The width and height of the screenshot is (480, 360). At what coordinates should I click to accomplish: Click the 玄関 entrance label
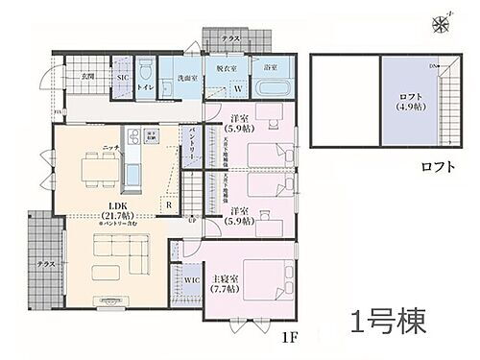point(86,75)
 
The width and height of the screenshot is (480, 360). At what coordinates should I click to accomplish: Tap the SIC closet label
point(122,76)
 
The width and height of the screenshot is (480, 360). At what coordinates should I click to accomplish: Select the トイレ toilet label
point(144,87)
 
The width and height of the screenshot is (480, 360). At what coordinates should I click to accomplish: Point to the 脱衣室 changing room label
point(227,70)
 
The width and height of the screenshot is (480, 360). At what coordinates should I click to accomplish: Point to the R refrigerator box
point(168,204)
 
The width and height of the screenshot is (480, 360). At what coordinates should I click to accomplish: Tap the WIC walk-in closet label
point(191,280)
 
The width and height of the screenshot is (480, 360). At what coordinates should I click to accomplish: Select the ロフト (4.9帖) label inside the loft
point(410,102)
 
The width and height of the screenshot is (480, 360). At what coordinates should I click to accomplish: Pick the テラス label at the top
point(231,37)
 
